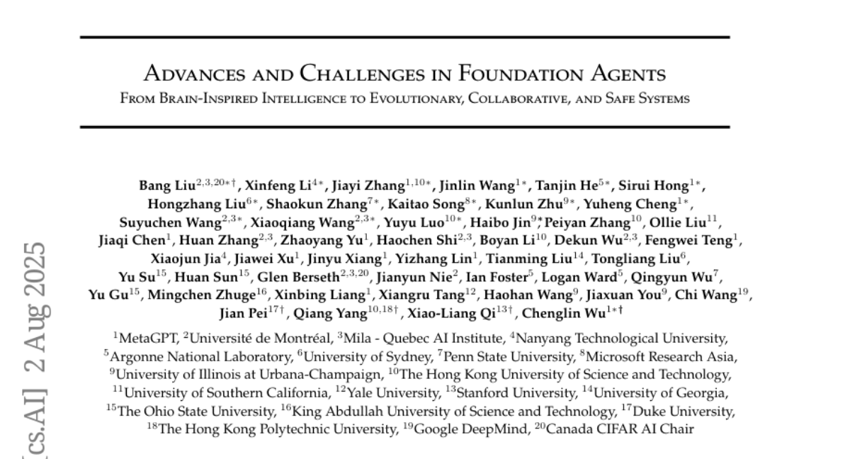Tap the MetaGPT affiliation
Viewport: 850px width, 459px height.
pyautogui.click(x=148, y=339)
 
